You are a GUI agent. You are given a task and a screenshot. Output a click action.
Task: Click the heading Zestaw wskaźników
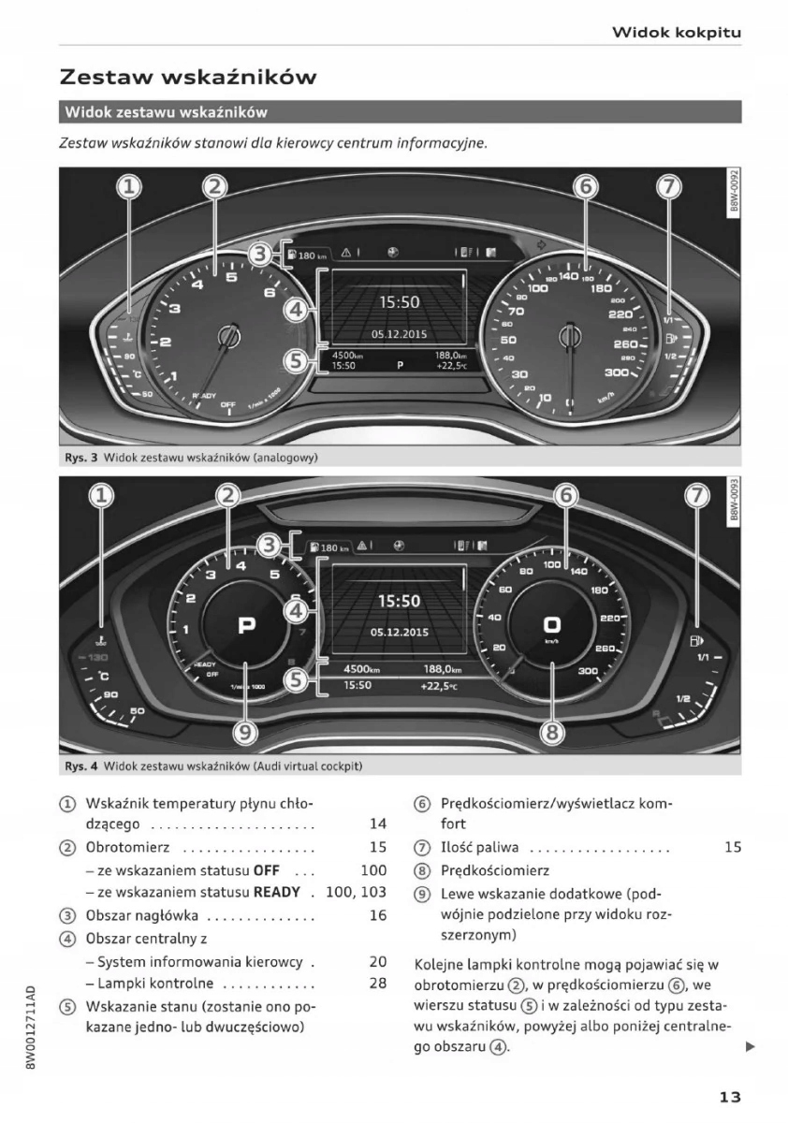pos(187,77)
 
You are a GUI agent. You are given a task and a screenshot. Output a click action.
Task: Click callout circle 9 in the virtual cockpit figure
pos(243,731)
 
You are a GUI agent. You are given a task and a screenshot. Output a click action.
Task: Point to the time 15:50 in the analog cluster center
pos(399,302)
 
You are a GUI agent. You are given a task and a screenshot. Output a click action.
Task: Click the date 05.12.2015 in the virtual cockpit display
pos(399,632)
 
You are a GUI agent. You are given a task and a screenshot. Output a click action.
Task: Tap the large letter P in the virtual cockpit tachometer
pos(246,625)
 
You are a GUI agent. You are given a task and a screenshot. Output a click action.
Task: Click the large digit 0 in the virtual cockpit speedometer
pos(552,624)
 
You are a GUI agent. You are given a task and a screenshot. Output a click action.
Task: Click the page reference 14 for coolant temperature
pos(378,824)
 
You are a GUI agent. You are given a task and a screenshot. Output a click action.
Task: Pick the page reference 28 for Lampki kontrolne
pos(378,984)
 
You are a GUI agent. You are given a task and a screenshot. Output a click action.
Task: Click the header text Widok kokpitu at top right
pos(677,33)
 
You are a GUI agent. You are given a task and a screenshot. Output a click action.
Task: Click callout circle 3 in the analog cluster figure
pos(264,254)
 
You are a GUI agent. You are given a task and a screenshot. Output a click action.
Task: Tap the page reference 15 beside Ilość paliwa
pos(732,848)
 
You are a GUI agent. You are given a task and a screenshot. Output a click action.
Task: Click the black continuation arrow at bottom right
pos(749,1046)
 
